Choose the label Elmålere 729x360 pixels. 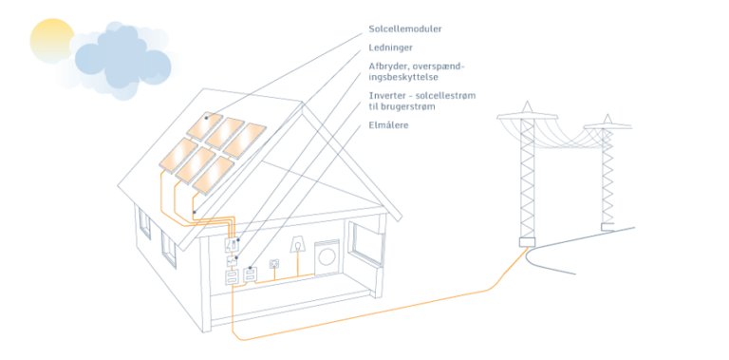tap(389, 125)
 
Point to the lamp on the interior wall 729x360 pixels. tap(297, 245)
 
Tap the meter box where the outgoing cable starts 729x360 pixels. tap(231, 277)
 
